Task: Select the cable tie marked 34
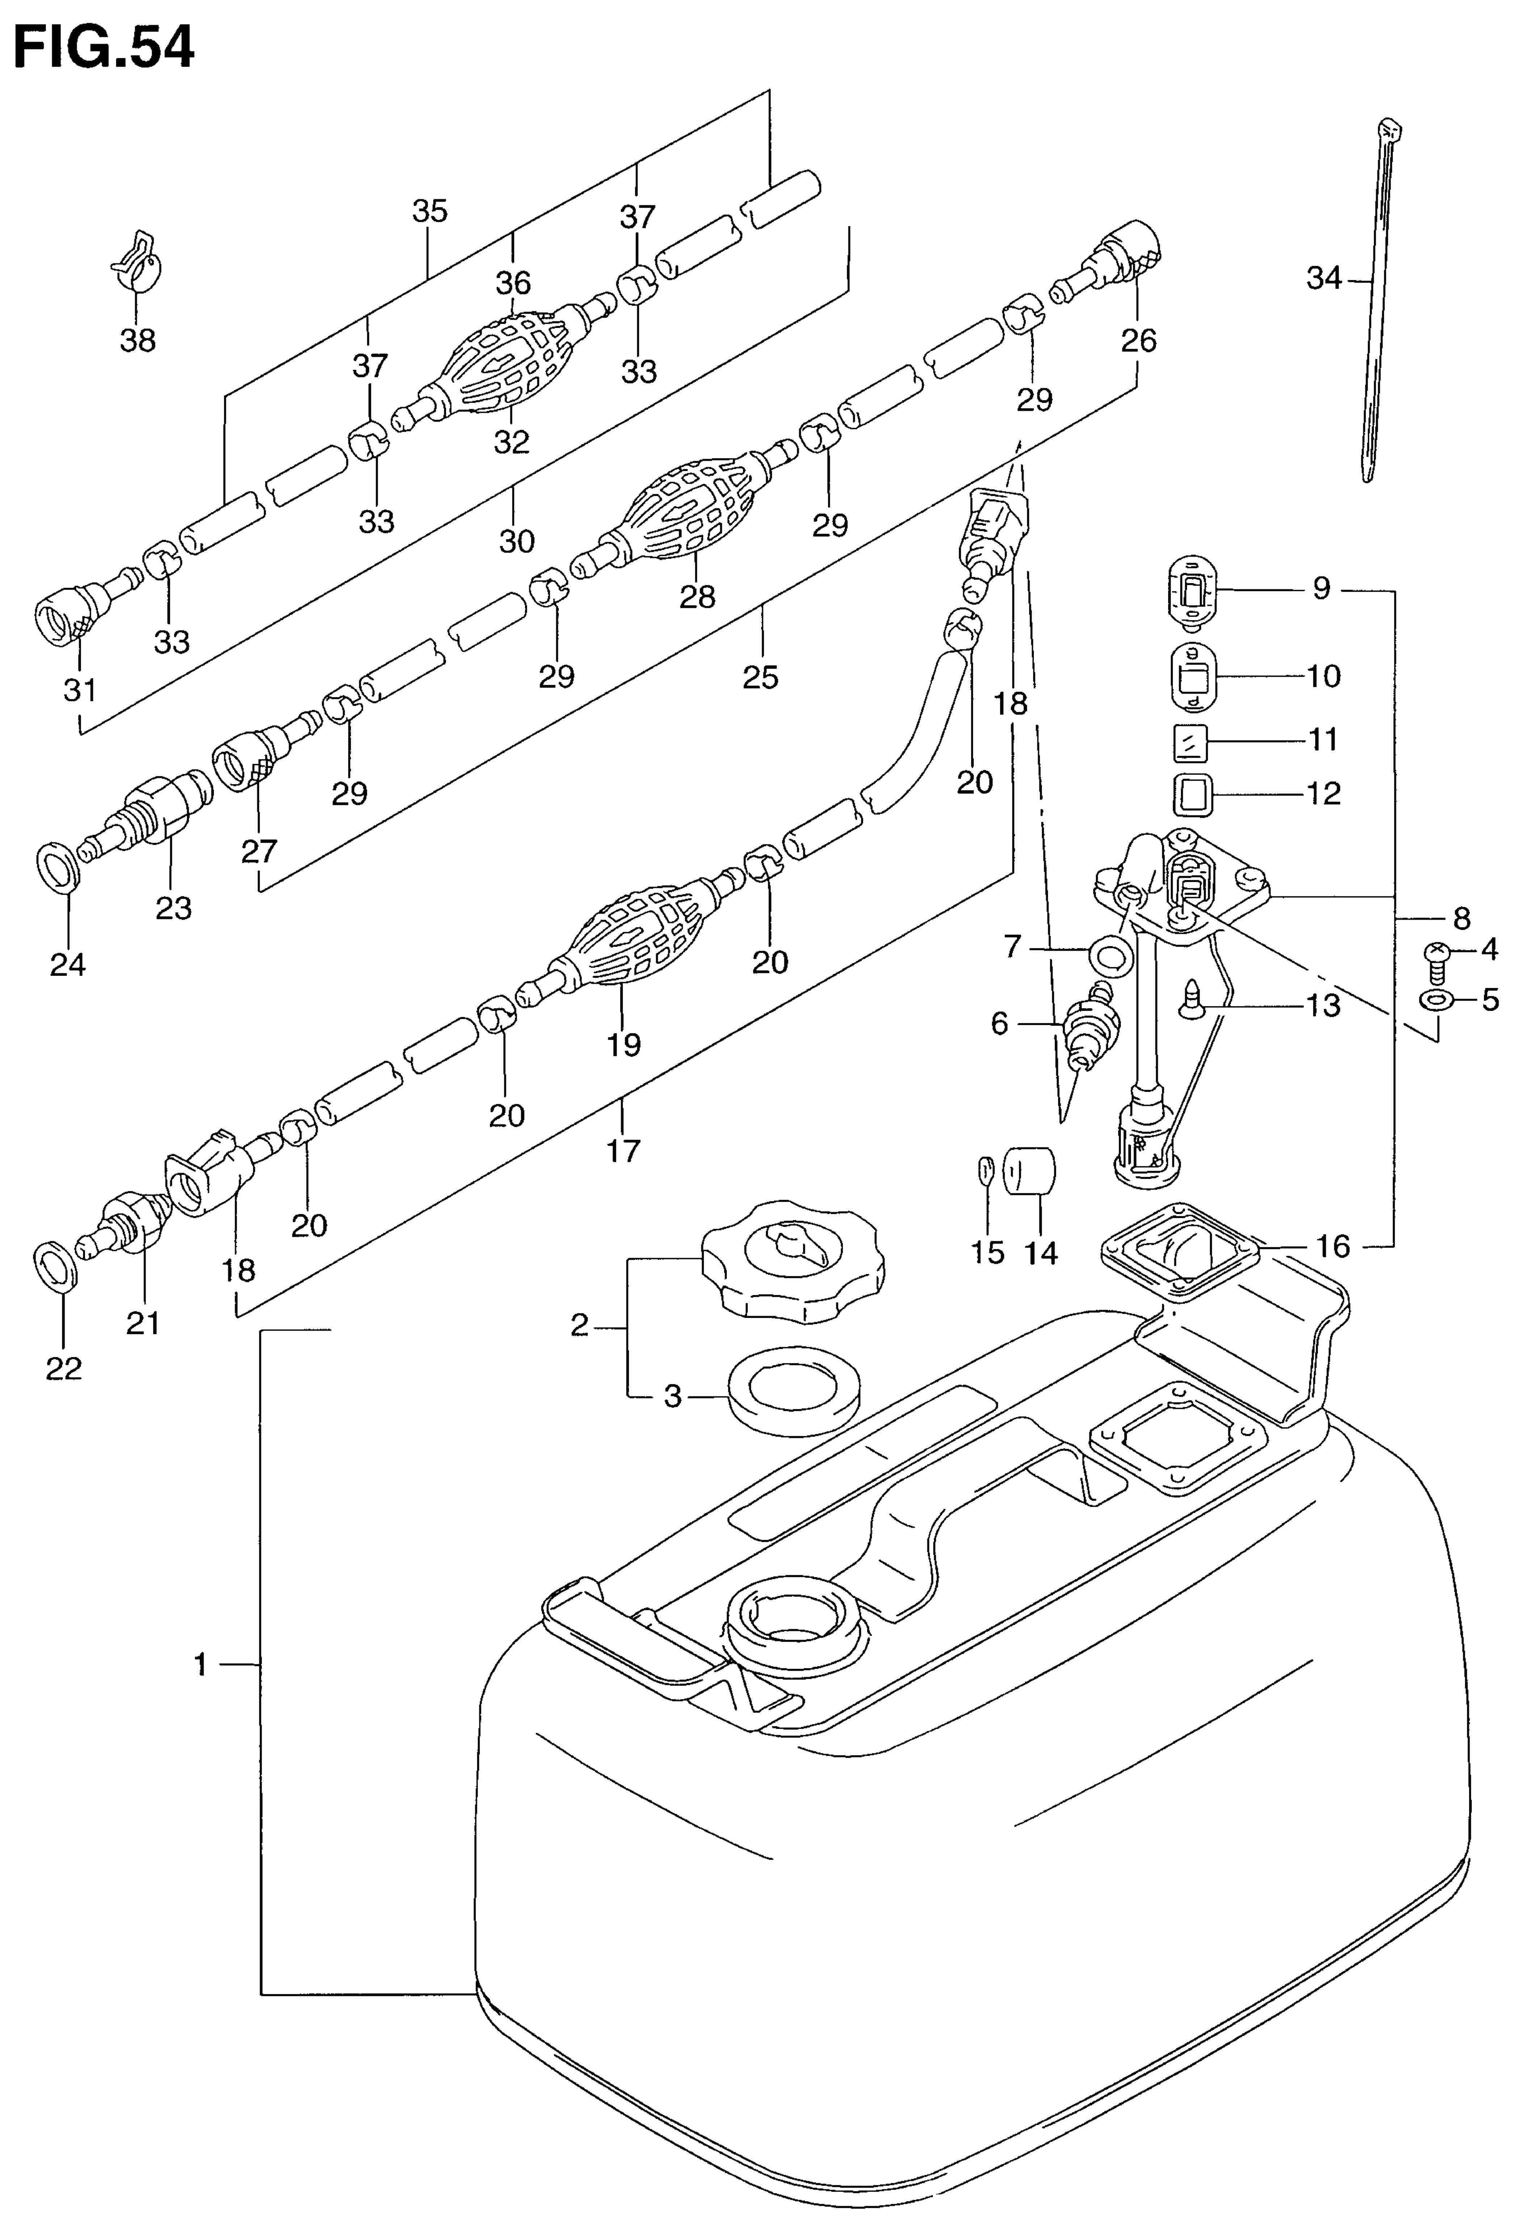tap(1382, 299)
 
